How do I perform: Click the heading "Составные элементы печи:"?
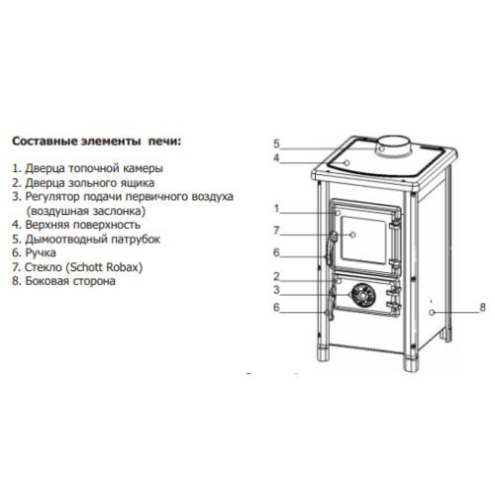pos(97,142)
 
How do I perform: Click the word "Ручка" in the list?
pos(41,253)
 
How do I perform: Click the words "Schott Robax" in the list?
pos(104,267)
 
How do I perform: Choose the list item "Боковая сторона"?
pos(70,281)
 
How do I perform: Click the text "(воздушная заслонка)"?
pos(86,211)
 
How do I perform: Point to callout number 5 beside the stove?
pos(276,144)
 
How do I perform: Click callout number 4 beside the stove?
pos(276,157)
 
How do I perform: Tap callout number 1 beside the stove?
pos(276,209)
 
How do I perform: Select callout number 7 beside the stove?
pos(276,231)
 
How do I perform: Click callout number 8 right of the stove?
pos(482,308)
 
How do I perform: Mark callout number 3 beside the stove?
pos(276,290)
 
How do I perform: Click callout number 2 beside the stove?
pos(276,276)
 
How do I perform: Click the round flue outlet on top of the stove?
pos(394,146)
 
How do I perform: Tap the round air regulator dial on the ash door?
pos(362,295)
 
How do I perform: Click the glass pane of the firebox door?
pos(363,241)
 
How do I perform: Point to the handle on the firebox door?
pos(331,249)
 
